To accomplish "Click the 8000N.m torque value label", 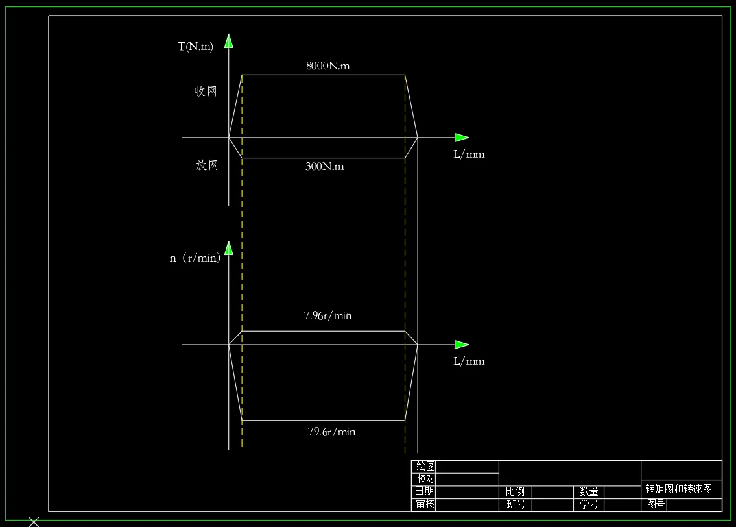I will coord(328,66).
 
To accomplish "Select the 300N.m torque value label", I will coord(325,167).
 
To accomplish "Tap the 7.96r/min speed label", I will coord(328,316).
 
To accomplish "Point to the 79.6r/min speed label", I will coord(332,432).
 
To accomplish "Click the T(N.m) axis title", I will coord(195,47).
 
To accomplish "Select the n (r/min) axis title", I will coord(195,258).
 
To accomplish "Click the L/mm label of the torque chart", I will coord(469,154).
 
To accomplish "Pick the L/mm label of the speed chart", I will coord(469,361).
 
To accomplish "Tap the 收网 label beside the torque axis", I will coord(206,92).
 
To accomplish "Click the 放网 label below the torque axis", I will coord(207,165).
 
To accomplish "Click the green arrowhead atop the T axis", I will coord(228,42).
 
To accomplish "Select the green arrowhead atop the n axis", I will coord(228,248).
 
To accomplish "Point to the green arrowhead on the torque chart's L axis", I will coord(461,138).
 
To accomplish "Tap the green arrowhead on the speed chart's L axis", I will coord(461,345).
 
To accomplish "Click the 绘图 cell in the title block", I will coord(425,467).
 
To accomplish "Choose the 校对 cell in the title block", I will coord(425,479).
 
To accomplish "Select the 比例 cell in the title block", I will coord(516,492).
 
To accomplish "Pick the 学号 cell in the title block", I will coord(589,504).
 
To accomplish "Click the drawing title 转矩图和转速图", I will coord(679,489).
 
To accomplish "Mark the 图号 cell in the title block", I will coord(656,504).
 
